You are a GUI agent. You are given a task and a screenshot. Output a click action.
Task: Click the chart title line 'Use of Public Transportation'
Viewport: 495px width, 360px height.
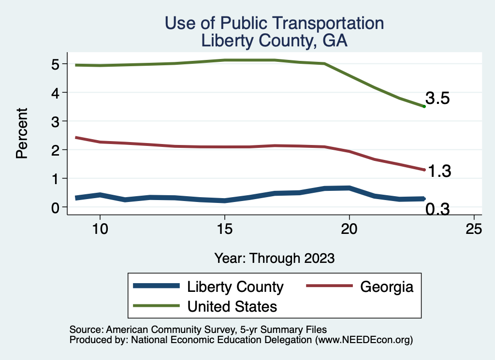point(274,23)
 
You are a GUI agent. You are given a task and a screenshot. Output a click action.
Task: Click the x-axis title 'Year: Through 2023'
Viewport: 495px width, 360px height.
point(274,258)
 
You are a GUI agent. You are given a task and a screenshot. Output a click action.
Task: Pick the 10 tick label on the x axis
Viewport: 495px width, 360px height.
point(100,230)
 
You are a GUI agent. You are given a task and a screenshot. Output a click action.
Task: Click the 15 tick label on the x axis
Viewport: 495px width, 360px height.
point(224,230)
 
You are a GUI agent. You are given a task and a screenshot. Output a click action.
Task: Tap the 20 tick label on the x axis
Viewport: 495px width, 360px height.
point(349,230)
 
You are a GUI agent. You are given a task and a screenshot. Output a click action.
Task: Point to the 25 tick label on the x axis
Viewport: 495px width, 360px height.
point(474,230)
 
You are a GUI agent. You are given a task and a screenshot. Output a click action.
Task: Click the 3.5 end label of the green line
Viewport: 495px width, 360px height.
point(437,99)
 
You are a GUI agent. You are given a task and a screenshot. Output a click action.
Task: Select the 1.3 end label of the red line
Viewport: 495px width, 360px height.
point(437,171)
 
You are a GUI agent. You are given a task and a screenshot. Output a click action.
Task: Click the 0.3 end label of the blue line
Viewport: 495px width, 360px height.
point(437,210)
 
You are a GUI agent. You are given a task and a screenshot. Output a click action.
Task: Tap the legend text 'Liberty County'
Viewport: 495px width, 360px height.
point(235,287)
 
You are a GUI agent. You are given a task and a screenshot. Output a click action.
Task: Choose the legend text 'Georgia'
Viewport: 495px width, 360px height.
point(387,287)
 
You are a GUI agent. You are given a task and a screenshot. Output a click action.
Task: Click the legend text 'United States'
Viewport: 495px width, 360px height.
point(232,306)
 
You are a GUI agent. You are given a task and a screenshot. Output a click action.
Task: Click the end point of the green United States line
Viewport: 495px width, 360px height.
point(424,106)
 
